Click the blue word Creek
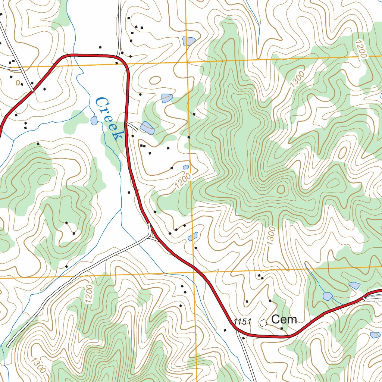[x=110, y=119]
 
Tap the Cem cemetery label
[x=284, y=319]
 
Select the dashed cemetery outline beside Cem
[x=264, y=322]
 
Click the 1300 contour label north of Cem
[x=272, y=236]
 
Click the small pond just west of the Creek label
[x=94, y=120]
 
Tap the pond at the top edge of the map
[x=189, y=41]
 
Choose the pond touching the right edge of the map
[x=375, y=335]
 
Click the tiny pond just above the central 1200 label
[x=186, y=167]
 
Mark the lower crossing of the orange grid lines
[x=194, y=272]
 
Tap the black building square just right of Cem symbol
[x=282, y=328]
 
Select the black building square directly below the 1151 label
[x=244, y=338]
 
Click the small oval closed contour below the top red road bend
[x=155, y=80]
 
